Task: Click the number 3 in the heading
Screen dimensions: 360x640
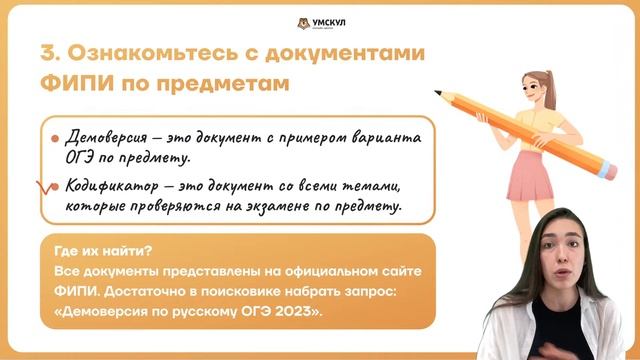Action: pyautogui.click(x=47, y=53)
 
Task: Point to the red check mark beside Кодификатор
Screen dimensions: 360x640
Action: pyautogui.click(x=43, y=187)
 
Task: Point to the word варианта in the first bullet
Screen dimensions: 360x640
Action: pyautogui.click(x=357, y=136)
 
